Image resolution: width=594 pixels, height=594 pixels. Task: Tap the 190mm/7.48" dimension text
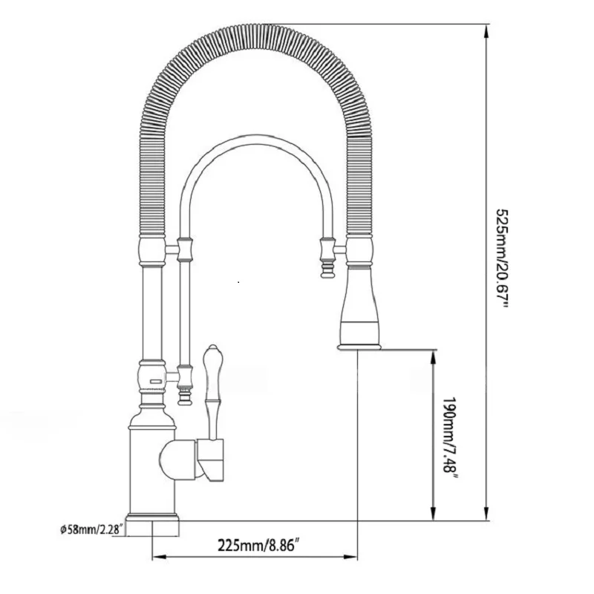click(451, 440)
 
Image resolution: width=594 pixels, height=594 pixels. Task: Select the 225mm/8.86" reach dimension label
click(256, 546)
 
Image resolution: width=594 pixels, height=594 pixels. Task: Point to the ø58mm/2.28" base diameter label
click(92, 529)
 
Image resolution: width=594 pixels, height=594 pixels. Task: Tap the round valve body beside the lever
click(178, 460)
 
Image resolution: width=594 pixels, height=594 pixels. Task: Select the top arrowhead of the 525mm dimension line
click(486, 31)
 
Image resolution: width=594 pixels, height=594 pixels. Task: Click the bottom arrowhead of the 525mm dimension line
click(486, 514)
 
